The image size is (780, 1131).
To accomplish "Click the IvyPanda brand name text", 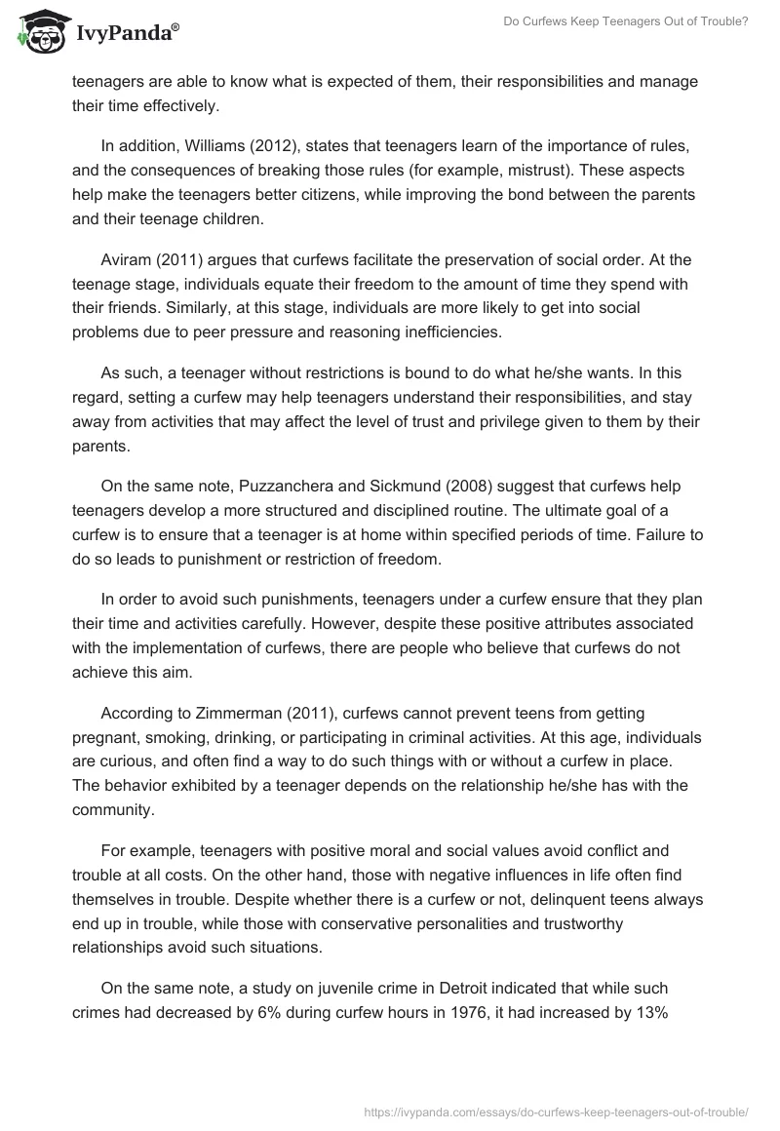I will coord(126,35).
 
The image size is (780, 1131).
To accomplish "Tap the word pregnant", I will coord(107,737).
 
